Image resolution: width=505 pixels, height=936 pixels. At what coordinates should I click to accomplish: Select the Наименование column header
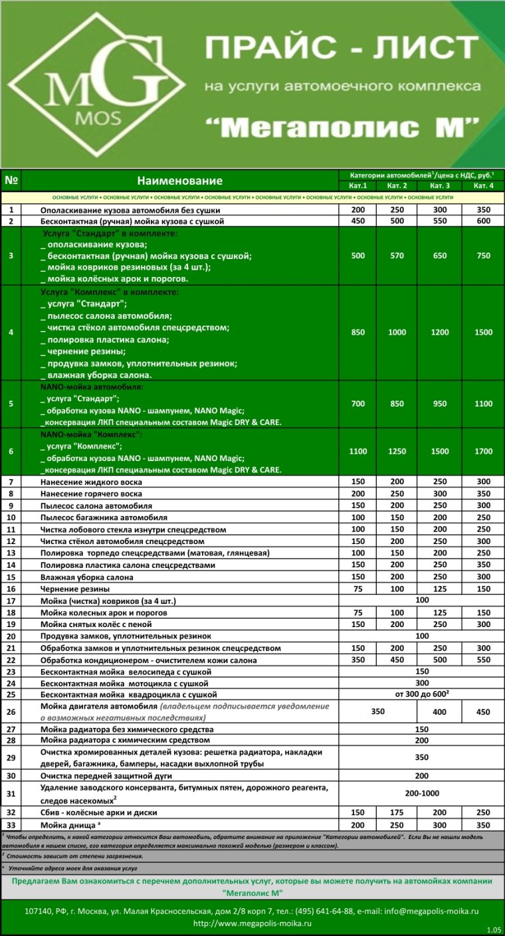tap(179, 181)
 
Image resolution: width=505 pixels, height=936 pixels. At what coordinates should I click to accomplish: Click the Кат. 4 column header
tap(483, 185)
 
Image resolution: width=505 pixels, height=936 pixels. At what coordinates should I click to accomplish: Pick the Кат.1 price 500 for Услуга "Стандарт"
tap(357, 256)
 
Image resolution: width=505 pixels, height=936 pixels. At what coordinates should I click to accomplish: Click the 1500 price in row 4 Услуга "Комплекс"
tap(483, 332)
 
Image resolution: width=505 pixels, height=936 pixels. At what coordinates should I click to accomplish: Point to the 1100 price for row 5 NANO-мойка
tap(483, 404)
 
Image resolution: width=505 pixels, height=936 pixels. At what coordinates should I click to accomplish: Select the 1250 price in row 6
tap(397, 451)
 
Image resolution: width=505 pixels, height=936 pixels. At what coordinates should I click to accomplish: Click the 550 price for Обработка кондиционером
tap(483, 660)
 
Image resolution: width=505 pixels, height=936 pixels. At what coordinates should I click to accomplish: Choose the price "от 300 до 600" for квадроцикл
tap(421, 694)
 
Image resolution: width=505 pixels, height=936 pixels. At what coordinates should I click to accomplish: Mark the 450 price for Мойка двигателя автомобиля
tap(483, 712)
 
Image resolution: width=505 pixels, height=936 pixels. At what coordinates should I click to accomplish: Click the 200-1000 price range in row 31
tap(421, 793)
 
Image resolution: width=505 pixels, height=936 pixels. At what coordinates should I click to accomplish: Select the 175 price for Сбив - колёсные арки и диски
tap(397, 812)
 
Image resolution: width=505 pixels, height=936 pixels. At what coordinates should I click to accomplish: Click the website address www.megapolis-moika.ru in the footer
tap(252, 923)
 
